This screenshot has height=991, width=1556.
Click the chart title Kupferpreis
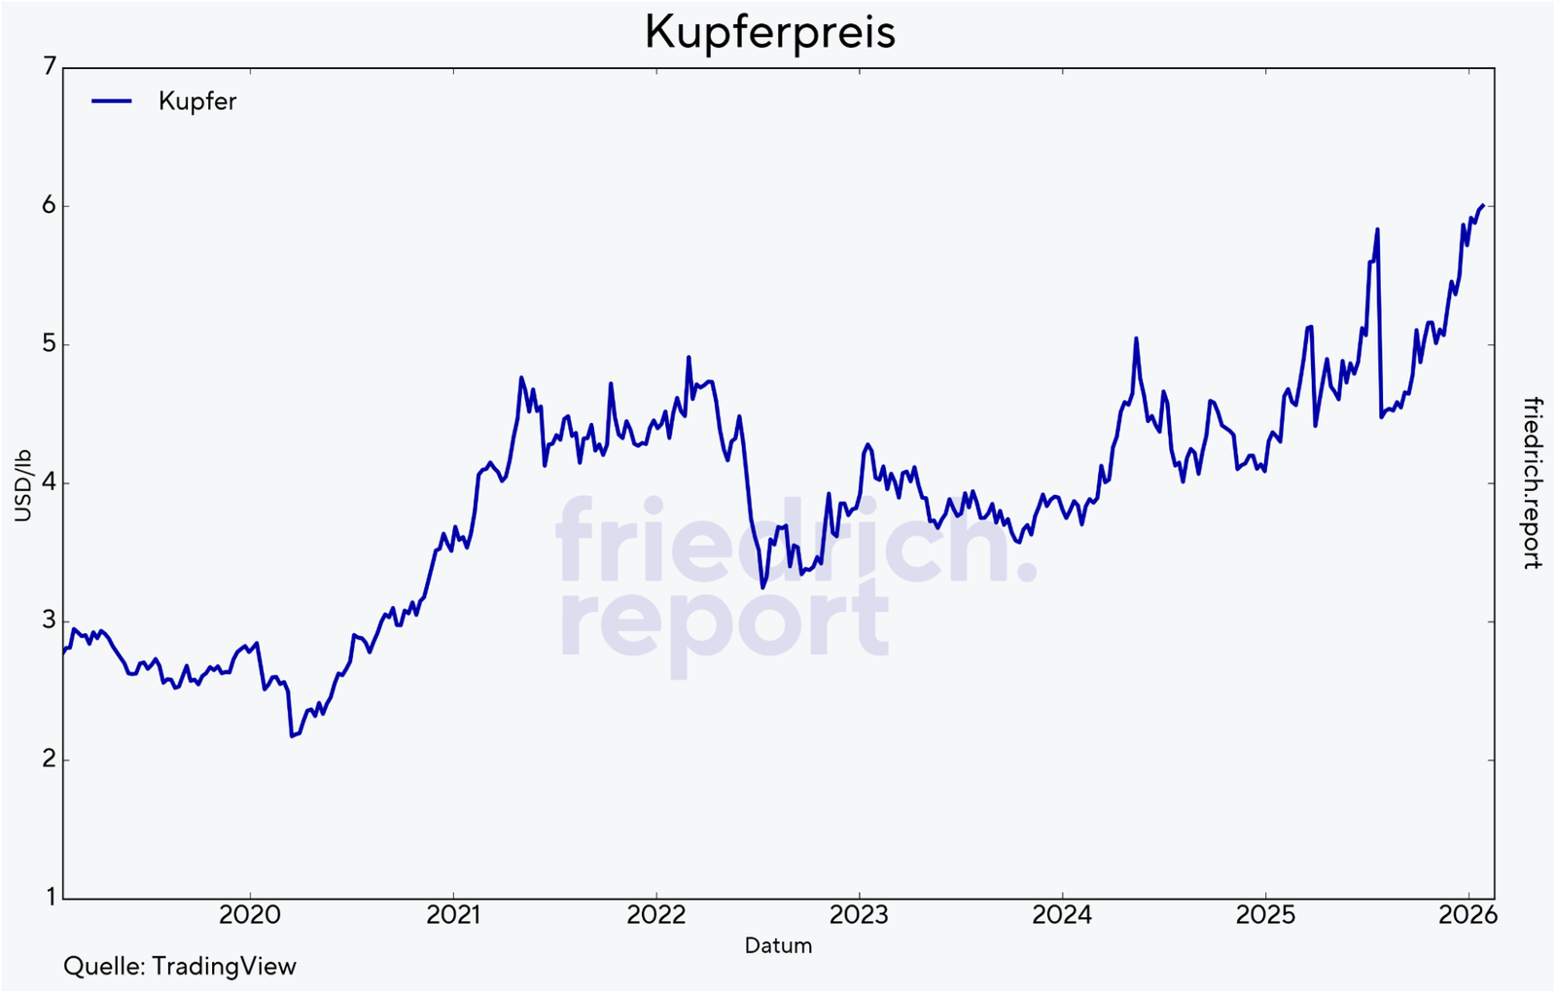coord(769,32)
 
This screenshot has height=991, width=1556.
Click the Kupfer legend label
coord(197,101)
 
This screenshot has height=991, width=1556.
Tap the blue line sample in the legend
coord(112,100)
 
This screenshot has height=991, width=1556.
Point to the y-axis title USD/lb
coord(22,485)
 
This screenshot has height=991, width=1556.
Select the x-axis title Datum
coord(778,945)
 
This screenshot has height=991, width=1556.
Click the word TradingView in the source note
coord(224,967)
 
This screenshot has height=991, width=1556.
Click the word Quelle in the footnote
coord(103,967)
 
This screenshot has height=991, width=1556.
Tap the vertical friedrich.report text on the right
coord(1533,482)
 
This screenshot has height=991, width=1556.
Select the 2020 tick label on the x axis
coord(250,915)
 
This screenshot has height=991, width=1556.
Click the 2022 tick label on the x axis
coord(656,915)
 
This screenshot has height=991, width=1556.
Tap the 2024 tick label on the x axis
coord(1062,915)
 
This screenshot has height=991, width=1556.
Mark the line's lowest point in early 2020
coord(292,736)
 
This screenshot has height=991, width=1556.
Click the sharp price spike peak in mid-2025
coord(1377,230)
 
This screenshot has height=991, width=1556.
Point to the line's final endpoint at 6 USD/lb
coord(1482,205)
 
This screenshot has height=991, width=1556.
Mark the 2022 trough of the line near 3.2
coord(762,588)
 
